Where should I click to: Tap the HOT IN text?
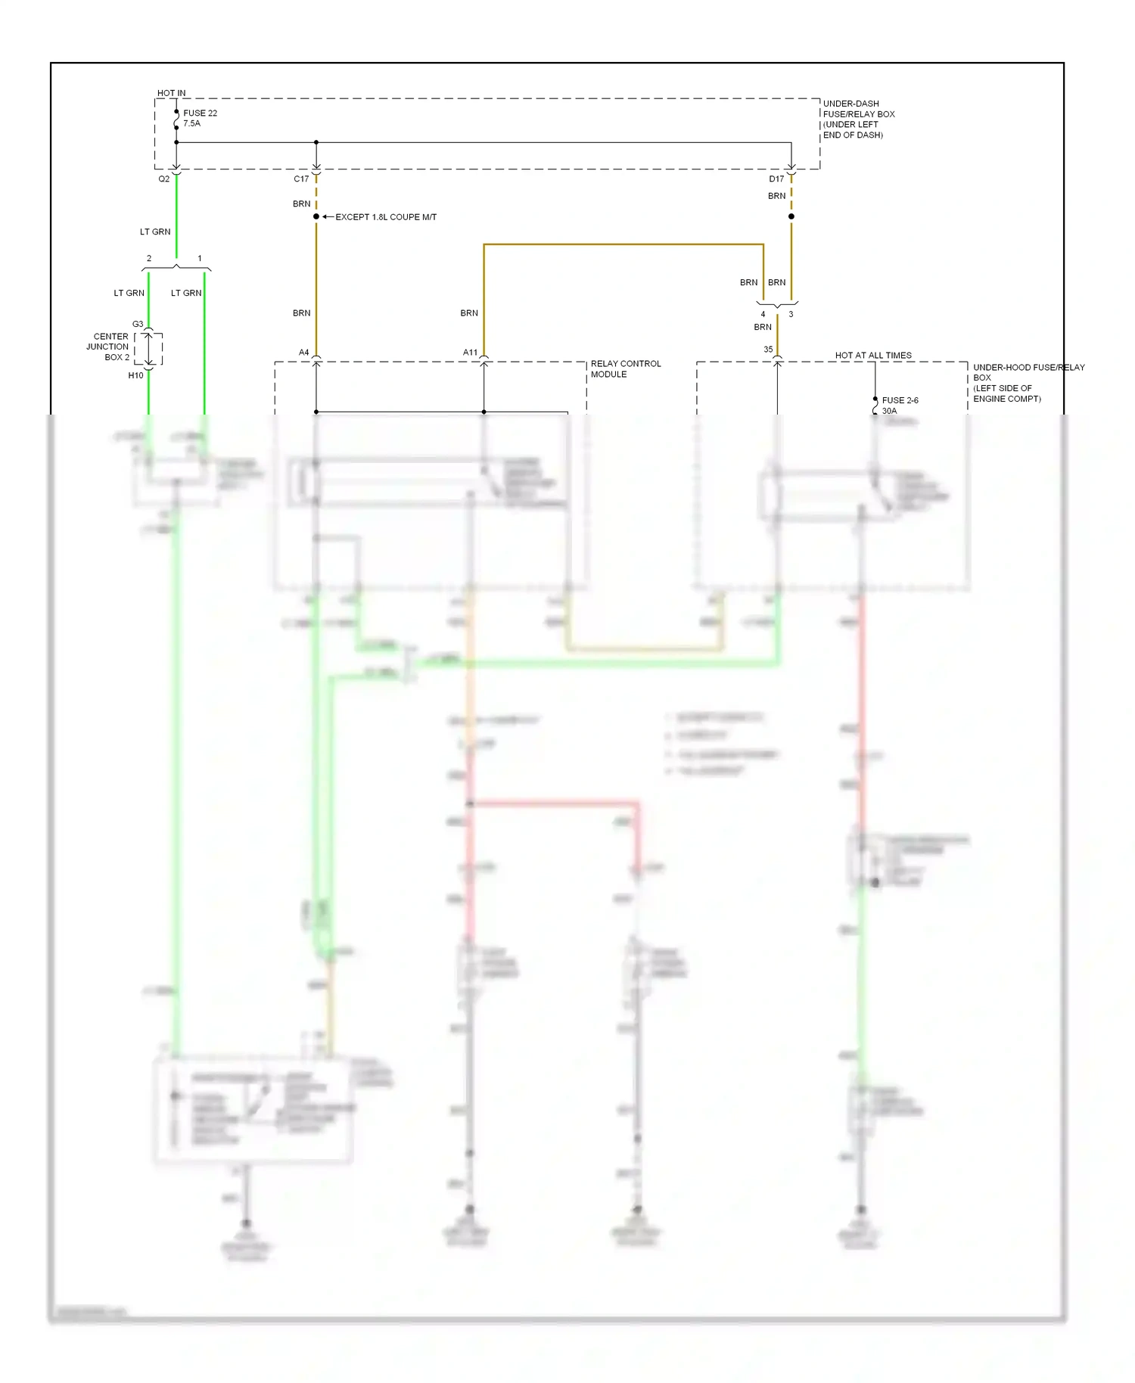pos(171,93)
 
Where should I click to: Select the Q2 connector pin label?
pos(163,179)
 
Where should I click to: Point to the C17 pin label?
pos(301,179)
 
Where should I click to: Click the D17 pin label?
pos(776,179)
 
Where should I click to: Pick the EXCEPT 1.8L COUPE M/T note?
pos(386,217)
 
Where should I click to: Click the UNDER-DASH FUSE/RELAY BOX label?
pos(858,120)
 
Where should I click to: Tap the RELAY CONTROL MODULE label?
pos(625,369)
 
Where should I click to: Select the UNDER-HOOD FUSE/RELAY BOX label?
pos(1028,383)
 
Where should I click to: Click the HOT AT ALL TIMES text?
pos(873,356)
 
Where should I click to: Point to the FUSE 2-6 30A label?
pos(900,406)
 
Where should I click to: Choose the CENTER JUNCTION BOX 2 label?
pos(108,347)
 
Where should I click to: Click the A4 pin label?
pos(303,353)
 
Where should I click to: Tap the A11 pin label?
pos(470,353)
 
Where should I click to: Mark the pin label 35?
pos(768,350)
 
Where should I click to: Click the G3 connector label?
pos(138,325)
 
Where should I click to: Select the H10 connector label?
pos(135,375)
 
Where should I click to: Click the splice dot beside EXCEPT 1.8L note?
pos(316,217)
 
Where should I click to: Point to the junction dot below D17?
pos(791,217)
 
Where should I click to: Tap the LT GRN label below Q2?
pos(155,232)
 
